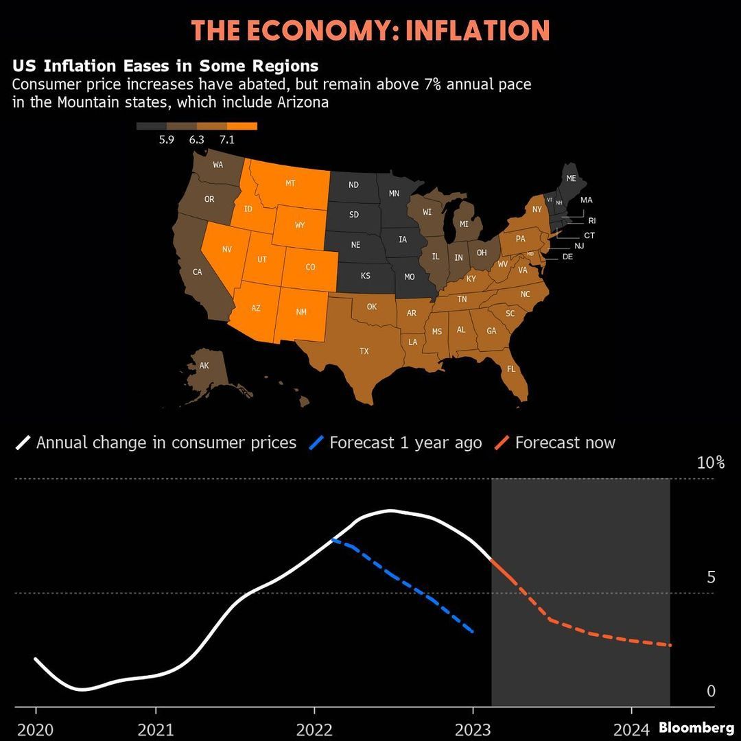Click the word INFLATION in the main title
click(478, 31)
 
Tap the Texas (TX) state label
click(364, 351)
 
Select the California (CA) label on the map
click(198, 272)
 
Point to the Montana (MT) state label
click(290, 184)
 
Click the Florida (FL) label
click(510, 369)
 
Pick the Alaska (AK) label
click(204, 366)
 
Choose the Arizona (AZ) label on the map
click(256, 308)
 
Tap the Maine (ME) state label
click(571, 178)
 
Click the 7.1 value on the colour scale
click(226, 140)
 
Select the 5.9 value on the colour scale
click(166, 140)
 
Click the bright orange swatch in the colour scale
click(242, 126)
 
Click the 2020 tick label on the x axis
click(35, 729)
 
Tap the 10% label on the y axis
click(710, 462)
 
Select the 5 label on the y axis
click(710, 578)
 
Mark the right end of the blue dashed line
click(473, 631)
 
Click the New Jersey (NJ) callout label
click(579, 246)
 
